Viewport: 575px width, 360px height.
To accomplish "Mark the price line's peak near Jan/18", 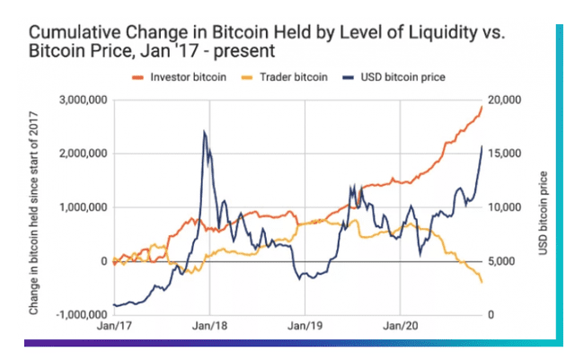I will coord(204,132).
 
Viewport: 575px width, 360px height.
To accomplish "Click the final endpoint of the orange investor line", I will coord(482,106).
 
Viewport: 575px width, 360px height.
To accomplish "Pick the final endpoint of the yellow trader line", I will coord(482,283).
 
